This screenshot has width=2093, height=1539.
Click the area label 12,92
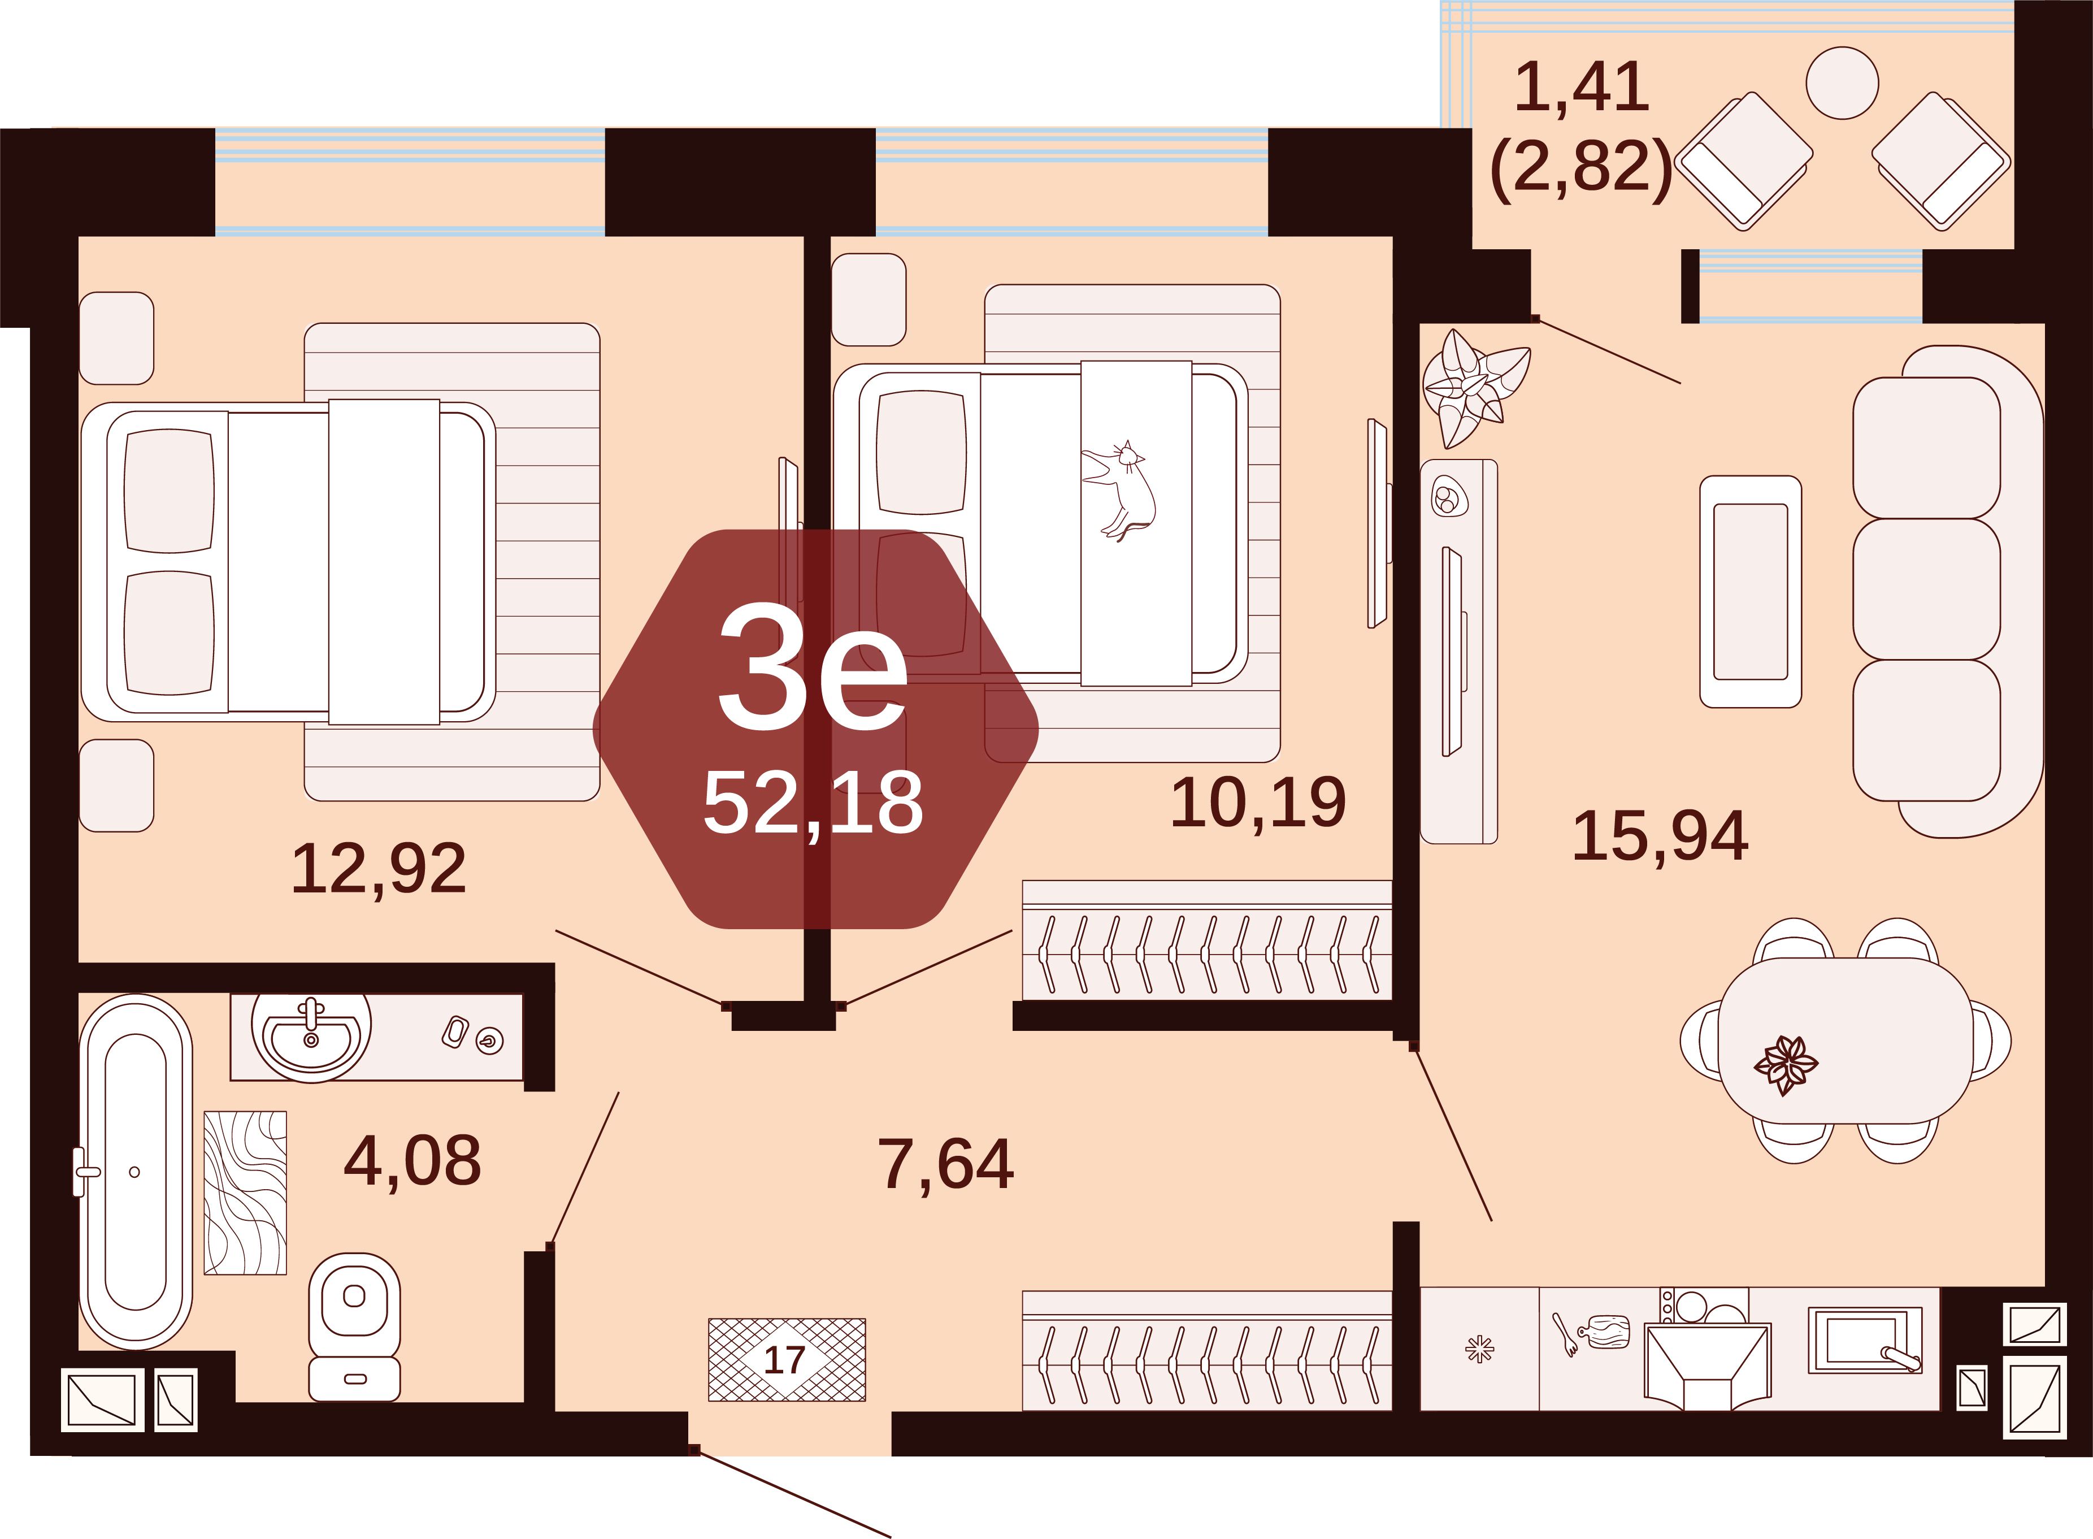pos(379,869)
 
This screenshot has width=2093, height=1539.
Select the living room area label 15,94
pos(1660,836)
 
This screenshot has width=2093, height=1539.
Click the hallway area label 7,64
pos(945,1164)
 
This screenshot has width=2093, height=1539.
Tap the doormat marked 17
pos(787,1359)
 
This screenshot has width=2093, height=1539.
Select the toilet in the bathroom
pos(354,1326)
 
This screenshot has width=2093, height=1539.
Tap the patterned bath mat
pos(245,1193)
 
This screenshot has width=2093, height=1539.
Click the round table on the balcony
pos(1842,84)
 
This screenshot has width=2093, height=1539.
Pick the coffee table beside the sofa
pos(1750,592)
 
